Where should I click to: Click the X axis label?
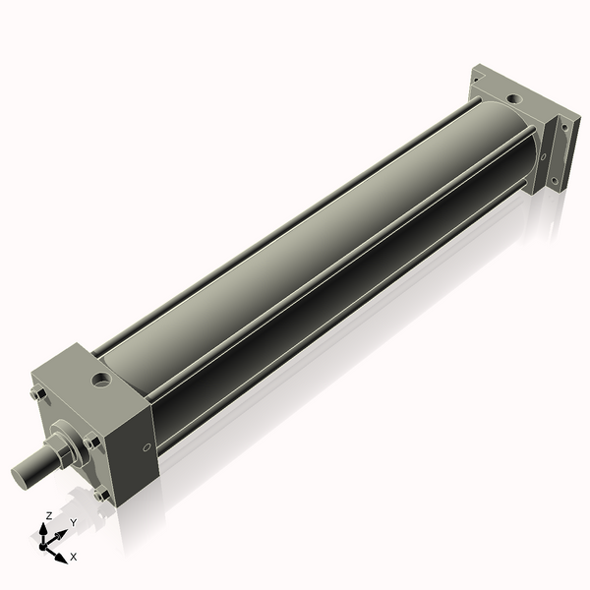click(x=74, y=557)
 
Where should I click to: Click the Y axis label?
click(x=74, y=522)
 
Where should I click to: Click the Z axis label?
click(x=48, y=515)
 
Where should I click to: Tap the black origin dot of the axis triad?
click(x=43, y=546)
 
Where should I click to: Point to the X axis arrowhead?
click(x=61, y=558)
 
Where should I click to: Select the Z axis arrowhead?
click(x=43, y=529)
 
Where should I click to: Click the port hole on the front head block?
click(x=101, y=381)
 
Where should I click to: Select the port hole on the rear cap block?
click(x=514, y=99)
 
